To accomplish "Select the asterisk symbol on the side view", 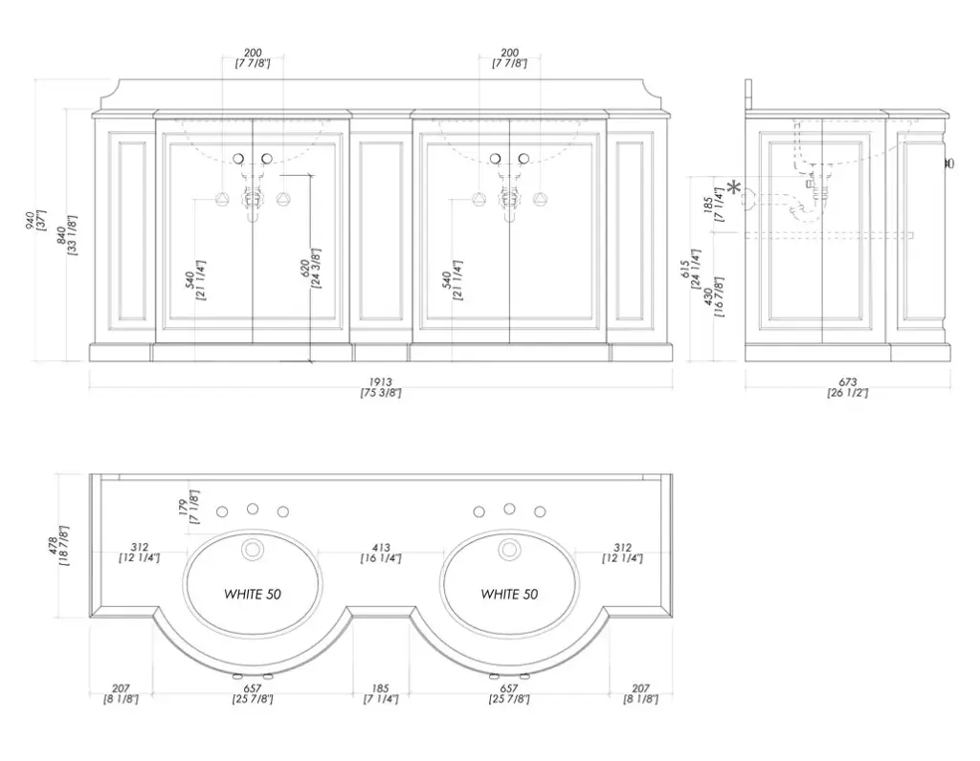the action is coord(735,187).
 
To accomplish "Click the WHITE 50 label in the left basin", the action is coord(253,595).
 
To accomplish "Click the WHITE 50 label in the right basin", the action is coord(509,595).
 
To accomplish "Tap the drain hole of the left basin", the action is coord(253,550).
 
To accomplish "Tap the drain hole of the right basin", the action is coord(509,550).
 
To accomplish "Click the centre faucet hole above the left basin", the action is coord(253,509).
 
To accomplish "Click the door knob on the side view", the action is coord(949,163).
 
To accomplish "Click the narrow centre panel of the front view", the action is coord(381,231).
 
